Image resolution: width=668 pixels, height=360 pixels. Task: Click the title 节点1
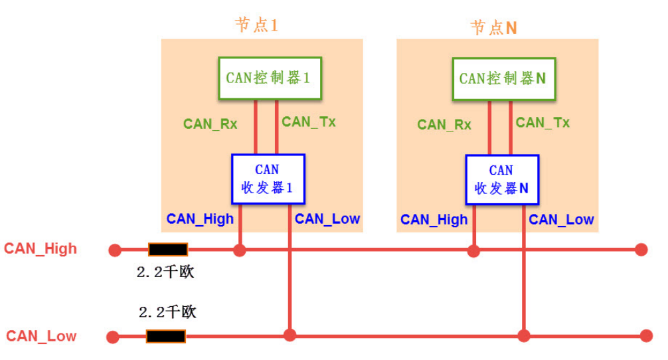pyautogui.click(x=256, y=25)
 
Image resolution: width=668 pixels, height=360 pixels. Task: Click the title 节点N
pyautogui.click(x=493, y=27)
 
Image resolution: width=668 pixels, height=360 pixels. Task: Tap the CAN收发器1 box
pyautogui.click(x=268, y=179)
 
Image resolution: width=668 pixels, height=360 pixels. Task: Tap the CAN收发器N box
pyautogui.click(x=501, y=179)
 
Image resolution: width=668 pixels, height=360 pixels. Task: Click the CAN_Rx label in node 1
pyautogui.click(x=210, y=124)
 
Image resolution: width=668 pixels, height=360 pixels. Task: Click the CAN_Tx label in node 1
pyautogui.click(x=308, y=122)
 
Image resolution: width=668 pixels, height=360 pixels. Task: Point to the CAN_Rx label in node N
pyautogui.click(x=444, y=124)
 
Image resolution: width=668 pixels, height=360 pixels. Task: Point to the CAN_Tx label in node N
pyautogui.click(x=543, y=122)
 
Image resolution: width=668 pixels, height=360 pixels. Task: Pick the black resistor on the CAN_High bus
pyautogui.click(x=168, y=250)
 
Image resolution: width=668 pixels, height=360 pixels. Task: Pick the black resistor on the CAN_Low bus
pyautogui.click(x=166, y=336)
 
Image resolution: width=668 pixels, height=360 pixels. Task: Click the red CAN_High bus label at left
pyautogui.click(x=41, y=249)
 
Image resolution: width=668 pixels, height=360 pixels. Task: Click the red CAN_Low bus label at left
pyautogui.click(x=41, y=336)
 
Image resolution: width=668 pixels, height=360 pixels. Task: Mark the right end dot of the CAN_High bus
pyautogui.click(x=641, y=250)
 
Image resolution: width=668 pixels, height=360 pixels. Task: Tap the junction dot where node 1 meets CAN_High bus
pyautogui.click(x=240, y=250)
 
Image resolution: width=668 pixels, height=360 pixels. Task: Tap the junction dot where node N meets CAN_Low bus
pyautogui.click(x=524, y=336)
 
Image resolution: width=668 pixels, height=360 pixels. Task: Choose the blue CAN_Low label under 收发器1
pyautogui.click(x=327, y=219)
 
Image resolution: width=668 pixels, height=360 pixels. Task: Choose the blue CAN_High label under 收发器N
pyautogui.click(x=434, y=220)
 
